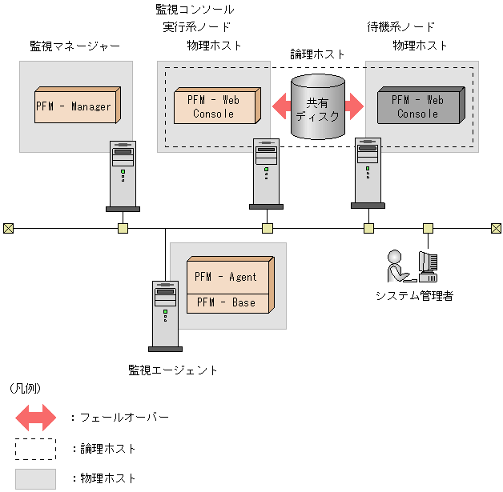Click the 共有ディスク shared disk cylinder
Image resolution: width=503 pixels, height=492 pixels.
(318, 107)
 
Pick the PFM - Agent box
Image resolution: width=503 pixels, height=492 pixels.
(227, 277)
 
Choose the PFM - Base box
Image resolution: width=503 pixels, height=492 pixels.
(227, 302)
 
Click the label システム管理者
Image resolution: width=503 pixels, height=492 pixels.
(415, 296)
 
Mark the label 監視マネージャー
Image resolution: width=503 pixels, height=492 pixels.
(70, 46)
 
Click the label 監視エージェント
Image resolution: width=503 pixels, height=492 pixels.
(173, 370)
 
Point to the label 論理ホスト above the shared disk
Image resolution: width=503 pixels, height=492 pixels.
(317, 54)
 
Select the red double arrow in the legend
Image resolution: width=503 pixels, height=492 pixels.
(35, 417)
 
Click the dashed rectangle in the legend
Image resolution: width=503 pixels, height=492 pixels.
(35, 448)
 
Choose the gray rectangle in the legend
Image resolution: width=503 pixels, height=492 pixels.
(35, 478)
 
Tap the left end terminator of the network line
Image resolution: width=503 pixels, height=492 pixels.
(8, 228)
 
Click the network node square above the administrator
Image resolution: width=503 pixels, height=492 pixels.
(428, 228)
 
